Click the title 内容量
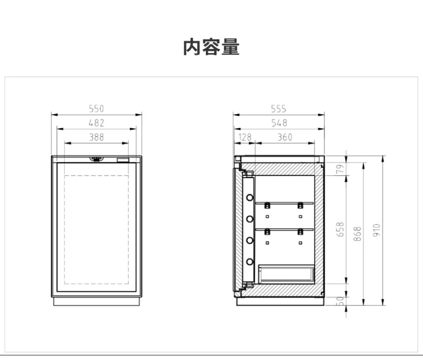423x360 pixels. [211, 47]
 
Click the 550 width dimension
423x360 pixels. [96, 109]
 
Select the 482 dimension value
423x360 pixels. [96, 123]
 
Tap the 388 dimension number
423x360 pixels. [96, 137]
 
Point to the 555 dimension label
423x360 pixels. [278, 109]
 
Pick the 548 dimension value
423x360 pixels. [279, 123]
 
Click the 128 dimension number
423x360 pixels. [245, 137]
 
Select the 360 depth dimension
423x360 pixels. [285, 137]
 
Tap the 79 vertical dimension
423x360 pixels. [341, 169]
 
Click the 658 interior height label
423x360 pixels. [340, 229]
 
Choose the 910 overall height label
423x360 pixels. [376, 230]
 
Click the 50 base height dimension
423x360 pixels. [341, 301]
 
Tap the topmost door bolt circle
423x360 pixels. [250, 197]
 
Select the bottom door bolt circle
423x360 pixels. [250, 262]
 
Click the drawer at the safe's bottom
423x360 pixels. [287, 274]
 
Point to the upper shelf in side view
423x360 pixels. [284, 203]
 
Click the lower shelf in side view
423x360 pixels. [284, 229]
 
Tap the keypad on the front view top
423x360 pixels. [96, 159]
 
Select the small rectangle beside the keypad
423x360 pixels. [123, 160]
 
